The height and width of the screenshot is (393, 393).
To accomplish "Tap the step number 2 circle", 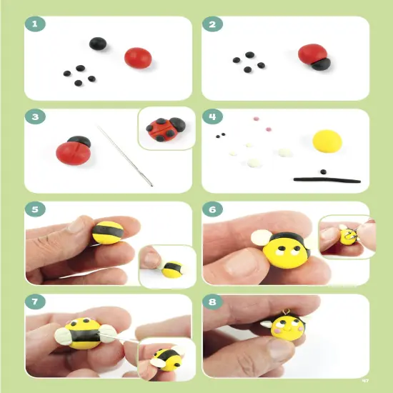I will (212, 26).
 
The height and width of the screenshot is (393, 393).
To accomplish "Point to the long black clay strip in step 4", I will (322, 179).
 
